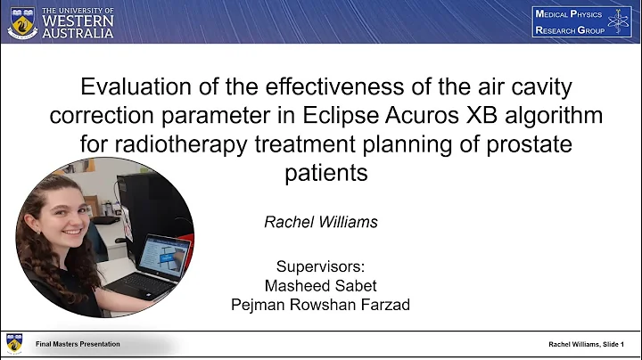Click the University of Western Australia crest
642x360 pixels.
point(21,22)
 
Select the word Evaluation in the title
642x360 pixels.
point(135,88)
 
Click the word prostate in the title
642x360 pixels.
point(526,144)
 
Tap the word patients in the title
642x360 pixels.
point(325,172)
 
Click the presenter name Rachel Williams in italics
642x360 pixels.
point(320,222)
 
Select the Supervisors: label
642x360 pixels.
point(320,266)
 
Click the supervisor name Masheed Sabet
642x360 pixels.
point(320,285)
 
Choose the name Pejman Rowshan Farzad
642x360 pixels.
point(320,304)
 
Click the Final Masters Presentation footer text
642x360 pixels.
point(78,344)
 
